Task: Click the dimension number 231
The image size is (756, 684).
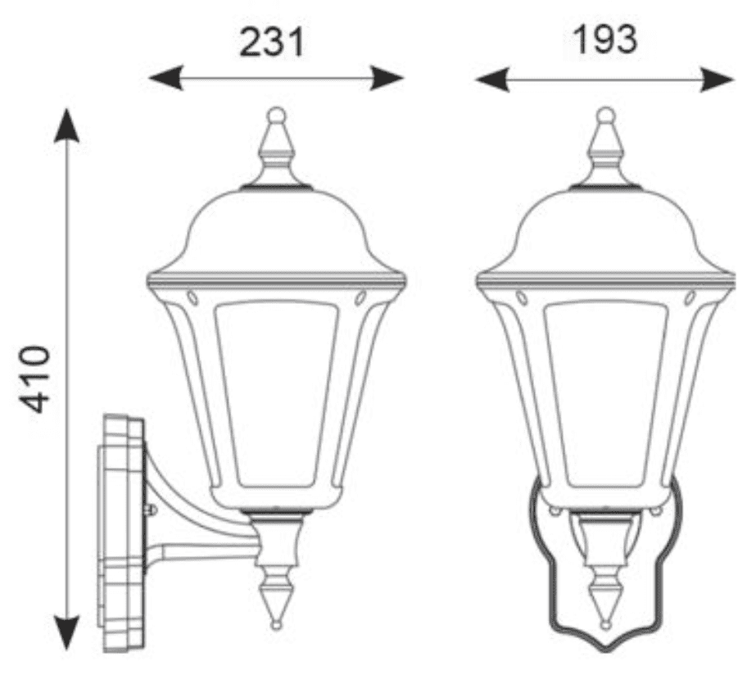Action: pyautogui.click(x=272, y=40)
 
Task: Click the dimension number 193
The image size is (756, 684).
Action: pyautogui.click(x=604, y=39)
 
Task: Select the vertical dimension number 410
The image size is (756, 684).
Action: pyautogui.click(x=36, y=378)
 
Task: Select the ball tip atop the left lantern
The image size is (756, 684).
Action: pyautogui.click(x=276, y=114)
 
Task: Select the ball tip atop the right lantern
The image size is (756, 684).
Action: pyautogui.click(x=605, y=114)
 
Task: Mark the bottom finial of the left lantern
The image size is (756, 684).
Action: pyautogui.click(x=276, y=602)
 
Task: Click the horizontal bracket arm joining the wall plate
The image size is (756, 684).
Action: pyautogui.click(x=205, y=550)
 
